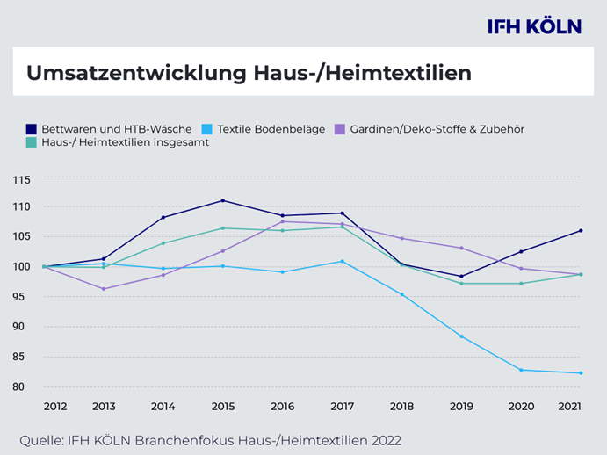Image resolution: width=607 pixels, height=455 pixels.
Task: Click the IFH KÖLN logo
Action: point(534,26)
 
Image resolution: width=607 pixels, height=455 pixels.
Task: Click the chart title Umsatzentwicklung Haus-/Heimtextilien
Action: point(249,73)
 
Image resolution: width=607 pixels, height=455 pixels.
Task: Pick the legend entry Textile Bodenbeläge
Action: point(264,129)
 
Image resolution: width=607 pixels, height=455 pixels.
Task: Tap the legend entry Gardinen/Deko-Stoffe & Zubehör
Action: point(430,129)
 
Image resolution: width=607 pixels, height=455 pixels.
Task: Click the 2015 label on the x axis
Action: point(222,407)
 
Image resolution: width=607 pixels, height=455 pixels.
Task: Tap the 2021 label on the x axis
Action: point(569,407)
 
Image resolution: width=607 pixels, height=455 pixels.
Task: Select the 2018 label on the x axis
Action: point(401,407)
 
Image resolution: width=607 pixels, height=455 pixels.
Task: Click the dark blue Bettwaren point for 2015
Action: point(222,200)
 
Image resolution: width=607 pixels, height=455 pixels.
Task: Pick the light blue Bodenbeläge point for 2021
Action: point(580,373)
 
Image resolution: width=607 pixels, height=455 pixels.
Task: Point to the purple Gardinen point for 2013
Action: point(104,289)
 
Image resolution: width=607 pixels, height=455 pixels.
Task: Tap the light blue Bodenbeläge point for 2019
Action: point(461,336)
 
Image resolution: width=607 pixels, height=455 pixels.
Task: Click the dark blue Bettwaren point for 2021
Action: point(580,231)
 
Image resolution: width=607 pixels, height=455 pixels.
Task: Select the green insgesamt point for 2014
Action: point(163,243)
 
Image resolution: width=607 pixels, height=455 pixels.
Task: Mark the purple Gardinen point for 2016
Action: point(282,221)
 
